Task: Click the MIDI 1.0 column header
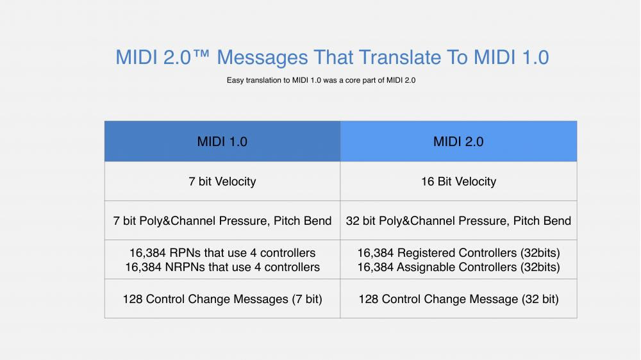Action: [222, 141]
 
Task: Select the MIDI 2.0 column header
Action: [459, 141]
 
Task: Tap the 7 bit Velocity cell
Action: [222, 181]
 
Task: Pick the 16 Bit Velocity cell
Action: [459, 181]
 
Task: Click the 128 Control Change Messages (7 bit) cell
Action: [222, 299]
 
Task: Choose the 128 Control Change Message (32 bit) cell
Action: [459, 299]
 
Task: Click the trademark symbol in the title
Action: [201, 54]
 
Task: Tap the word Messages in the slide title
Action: [262, 58]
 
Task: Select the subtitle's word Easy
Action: [235, 81]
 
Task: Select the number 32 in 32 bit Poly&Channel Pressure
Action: [353, 221]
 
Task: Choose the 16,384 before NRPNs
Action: [143, 268]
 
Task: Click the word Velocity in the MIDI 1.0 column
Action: [235, 181]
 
